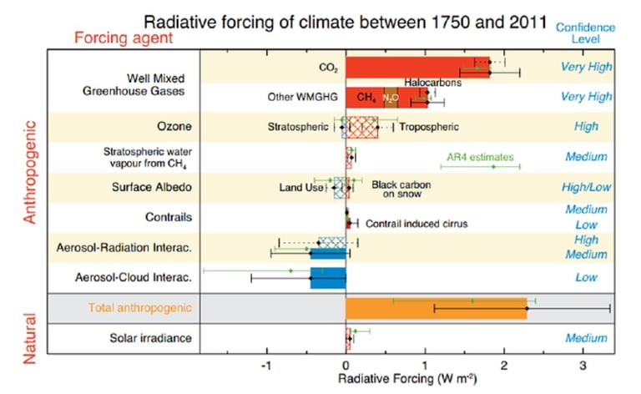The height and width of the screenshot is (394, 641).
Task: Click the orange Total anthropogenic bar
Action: click(436, 308)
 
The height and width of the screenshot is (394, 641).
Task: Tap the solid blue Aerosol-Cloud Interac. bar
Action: click(328, 277)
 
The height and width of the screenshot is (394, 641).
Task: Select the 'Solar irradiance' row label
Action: click(151, 338)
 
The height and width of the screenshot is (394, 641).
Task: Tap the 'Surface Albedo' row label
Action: click(151, 187)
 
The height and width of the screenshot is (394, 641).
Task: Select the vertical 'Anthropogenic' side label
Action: click(31, 173)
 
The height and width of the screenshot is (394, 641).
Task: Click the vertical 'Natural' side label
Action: click(31, 337)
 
